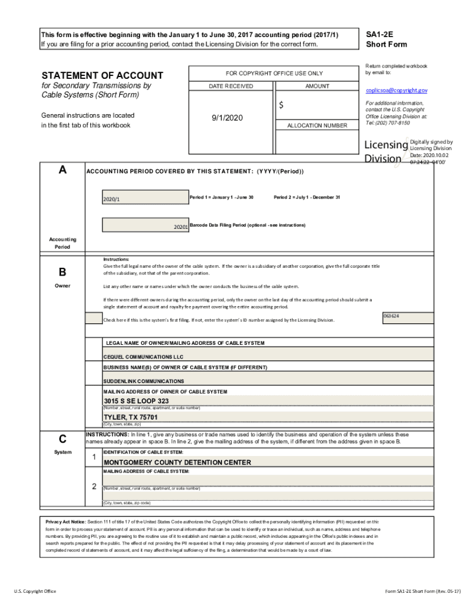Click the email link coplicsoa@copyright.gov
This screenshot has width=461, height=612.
click(x=396, y=90)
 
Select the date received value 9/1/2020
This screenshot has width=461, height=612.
click(x=227, y=118)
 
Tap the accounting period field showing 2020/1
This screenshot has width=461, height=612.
click(x=145, y=198)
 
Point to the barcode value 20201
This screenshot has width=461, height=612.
click(x=181, y=227)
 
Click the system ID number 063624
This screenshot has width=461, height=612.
click(x=391, y=316)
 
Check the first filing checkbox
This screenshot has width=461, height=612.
click(x=93, y=319)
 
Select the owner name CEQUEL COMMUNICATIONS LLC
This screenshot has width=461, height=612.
click(x=143, y=356)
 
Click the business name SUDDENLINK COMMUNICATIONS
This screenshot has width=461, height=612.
click(x=144, y=381)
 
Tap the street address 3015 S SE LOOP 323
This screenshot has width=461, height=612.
click(x=137, y=401)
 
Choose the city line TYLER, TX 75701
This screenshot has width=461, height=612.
click(x=131, y=417)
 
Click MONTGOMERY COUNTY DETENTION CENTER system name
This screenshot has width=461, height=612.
click(x=177, y=462)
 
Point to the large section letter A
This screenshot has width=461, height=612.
click(x=62, y=170)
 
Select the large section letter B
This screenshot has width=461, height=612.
click(x=62, y=273)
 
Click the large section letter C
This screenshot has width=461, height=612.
click(x=62, y=439)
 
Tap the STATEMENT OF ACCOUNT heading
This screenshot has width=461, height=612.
click(x=102, y=75)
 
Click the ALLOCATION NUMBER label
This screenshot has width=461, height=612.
click(x=317, y=126)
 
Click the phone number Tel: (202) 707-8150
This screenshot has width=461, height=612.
click(x=387, y=123)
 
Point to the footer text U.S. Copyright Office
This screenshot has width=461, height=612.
click(x=35, y=591)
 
